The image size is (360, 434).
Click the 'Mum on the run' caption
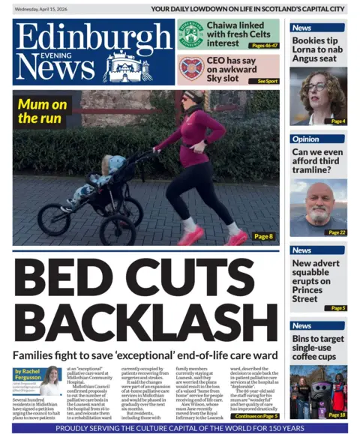[43, 111]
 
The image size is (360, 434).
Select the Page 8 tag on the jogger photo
[262, 237]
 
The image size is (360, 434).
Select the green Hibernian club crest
[190, 34]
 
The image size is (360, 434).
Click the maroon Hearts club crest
[190, 69]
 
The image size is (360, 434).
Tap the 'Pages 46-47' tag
[264, 46]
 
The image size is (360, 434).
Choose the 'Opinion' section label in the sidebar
[305, 139]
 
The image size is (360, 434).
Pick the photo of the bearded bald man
[318, 208]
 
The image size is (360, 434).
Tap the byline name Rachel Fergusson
[29, 374]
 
